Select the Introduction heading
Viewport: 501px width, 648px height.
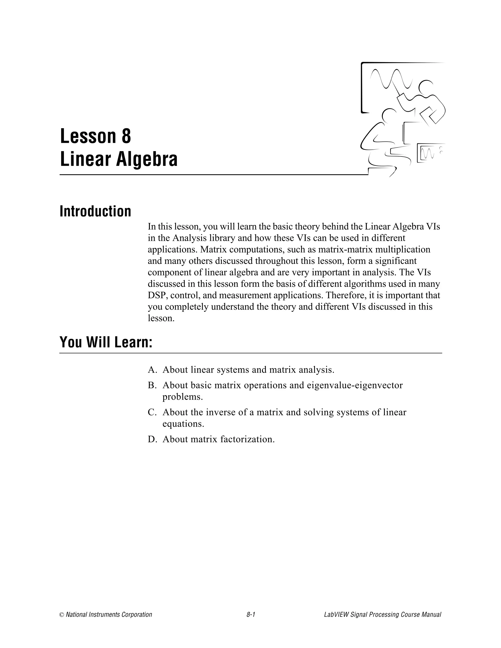(95, 211)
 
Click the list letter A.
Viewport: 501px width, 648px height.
(152, 370)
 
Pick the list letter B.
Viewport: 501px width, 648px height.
(152, 385)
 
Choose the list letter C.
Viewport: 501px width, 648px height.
(152, 413)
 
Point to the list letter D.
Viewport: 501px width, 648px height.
(152, 439)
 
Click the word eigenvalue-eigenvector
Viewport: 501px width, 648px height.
(355, 385)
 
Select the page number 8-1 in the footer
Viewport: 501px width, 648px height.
(251, 614)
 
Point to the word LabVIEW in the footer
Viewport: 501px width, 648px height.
(337, 614)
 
